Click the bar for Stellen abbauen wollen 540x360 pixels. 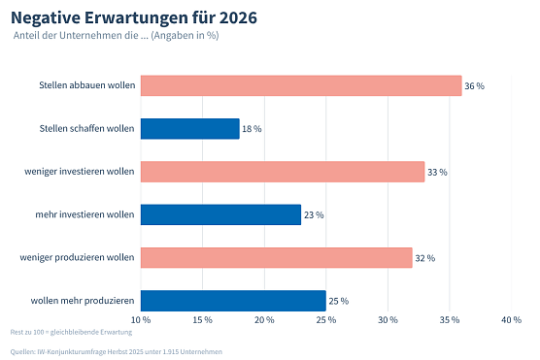[x=301, y=85]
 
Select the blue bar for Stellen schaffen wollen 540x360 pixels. [x=190, y=128]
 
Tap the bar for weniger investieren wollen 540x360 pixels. [x=283, y=172]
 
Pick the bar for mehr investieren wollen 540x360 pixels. [x=221, y=214]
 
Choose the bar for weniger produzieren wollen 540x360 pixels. [x=277, y=257]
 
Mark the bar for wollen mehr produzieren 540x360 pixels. [x=233, y=300]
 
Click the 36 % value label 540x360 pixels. [x=474, y=86]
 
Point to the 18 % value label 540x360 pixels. [x=252, y=129]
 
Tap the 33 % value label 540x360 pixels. [x=437, y=173]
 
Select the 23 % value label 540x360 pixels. [x=314, y=215]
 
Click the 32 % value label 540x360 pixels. [x=424, y=258]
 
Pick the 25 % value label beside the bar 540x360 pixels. [x=338, y=301]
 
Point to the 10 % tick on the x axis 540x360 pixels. [x=141, y=320]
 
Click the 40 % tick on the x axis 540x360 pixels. [x=511, y=320]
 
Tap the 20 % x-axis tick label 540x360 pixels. [x=264, y=320]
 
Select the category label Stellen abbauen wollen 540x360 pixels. [x=86, y=85]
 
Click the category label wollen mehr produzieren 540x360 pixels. [x=83, y=300]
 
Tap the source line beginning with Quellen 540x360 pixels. [x=116, y=350]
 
